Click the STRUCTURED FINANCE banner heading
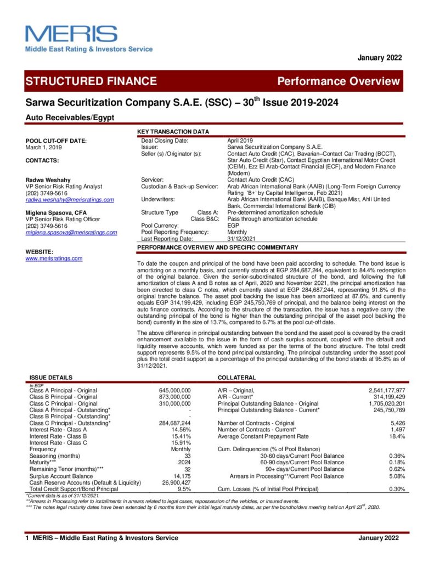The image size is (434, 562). (x=91, y=81)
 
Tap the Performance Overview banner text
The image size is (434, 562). (x=339, y=82)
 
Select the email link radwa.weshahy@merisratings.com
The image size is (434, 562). (x=70, y=200)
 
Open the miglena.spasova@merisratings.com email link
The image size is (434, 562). (x=71, y=232)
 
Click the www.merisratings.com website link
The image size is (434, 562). (x=54, y=258)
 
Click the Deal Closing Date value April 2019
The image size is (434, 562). (x=240, y=140)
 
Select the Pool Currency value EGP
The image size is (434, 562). (x=233, y=226)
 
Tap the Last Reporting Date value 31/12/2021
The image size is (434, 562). (x=241, y=239)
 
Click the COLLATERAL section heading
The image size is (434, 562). (x=236, y=378)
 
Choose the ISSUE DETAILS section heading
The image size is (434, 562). (x=50, y=378)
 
